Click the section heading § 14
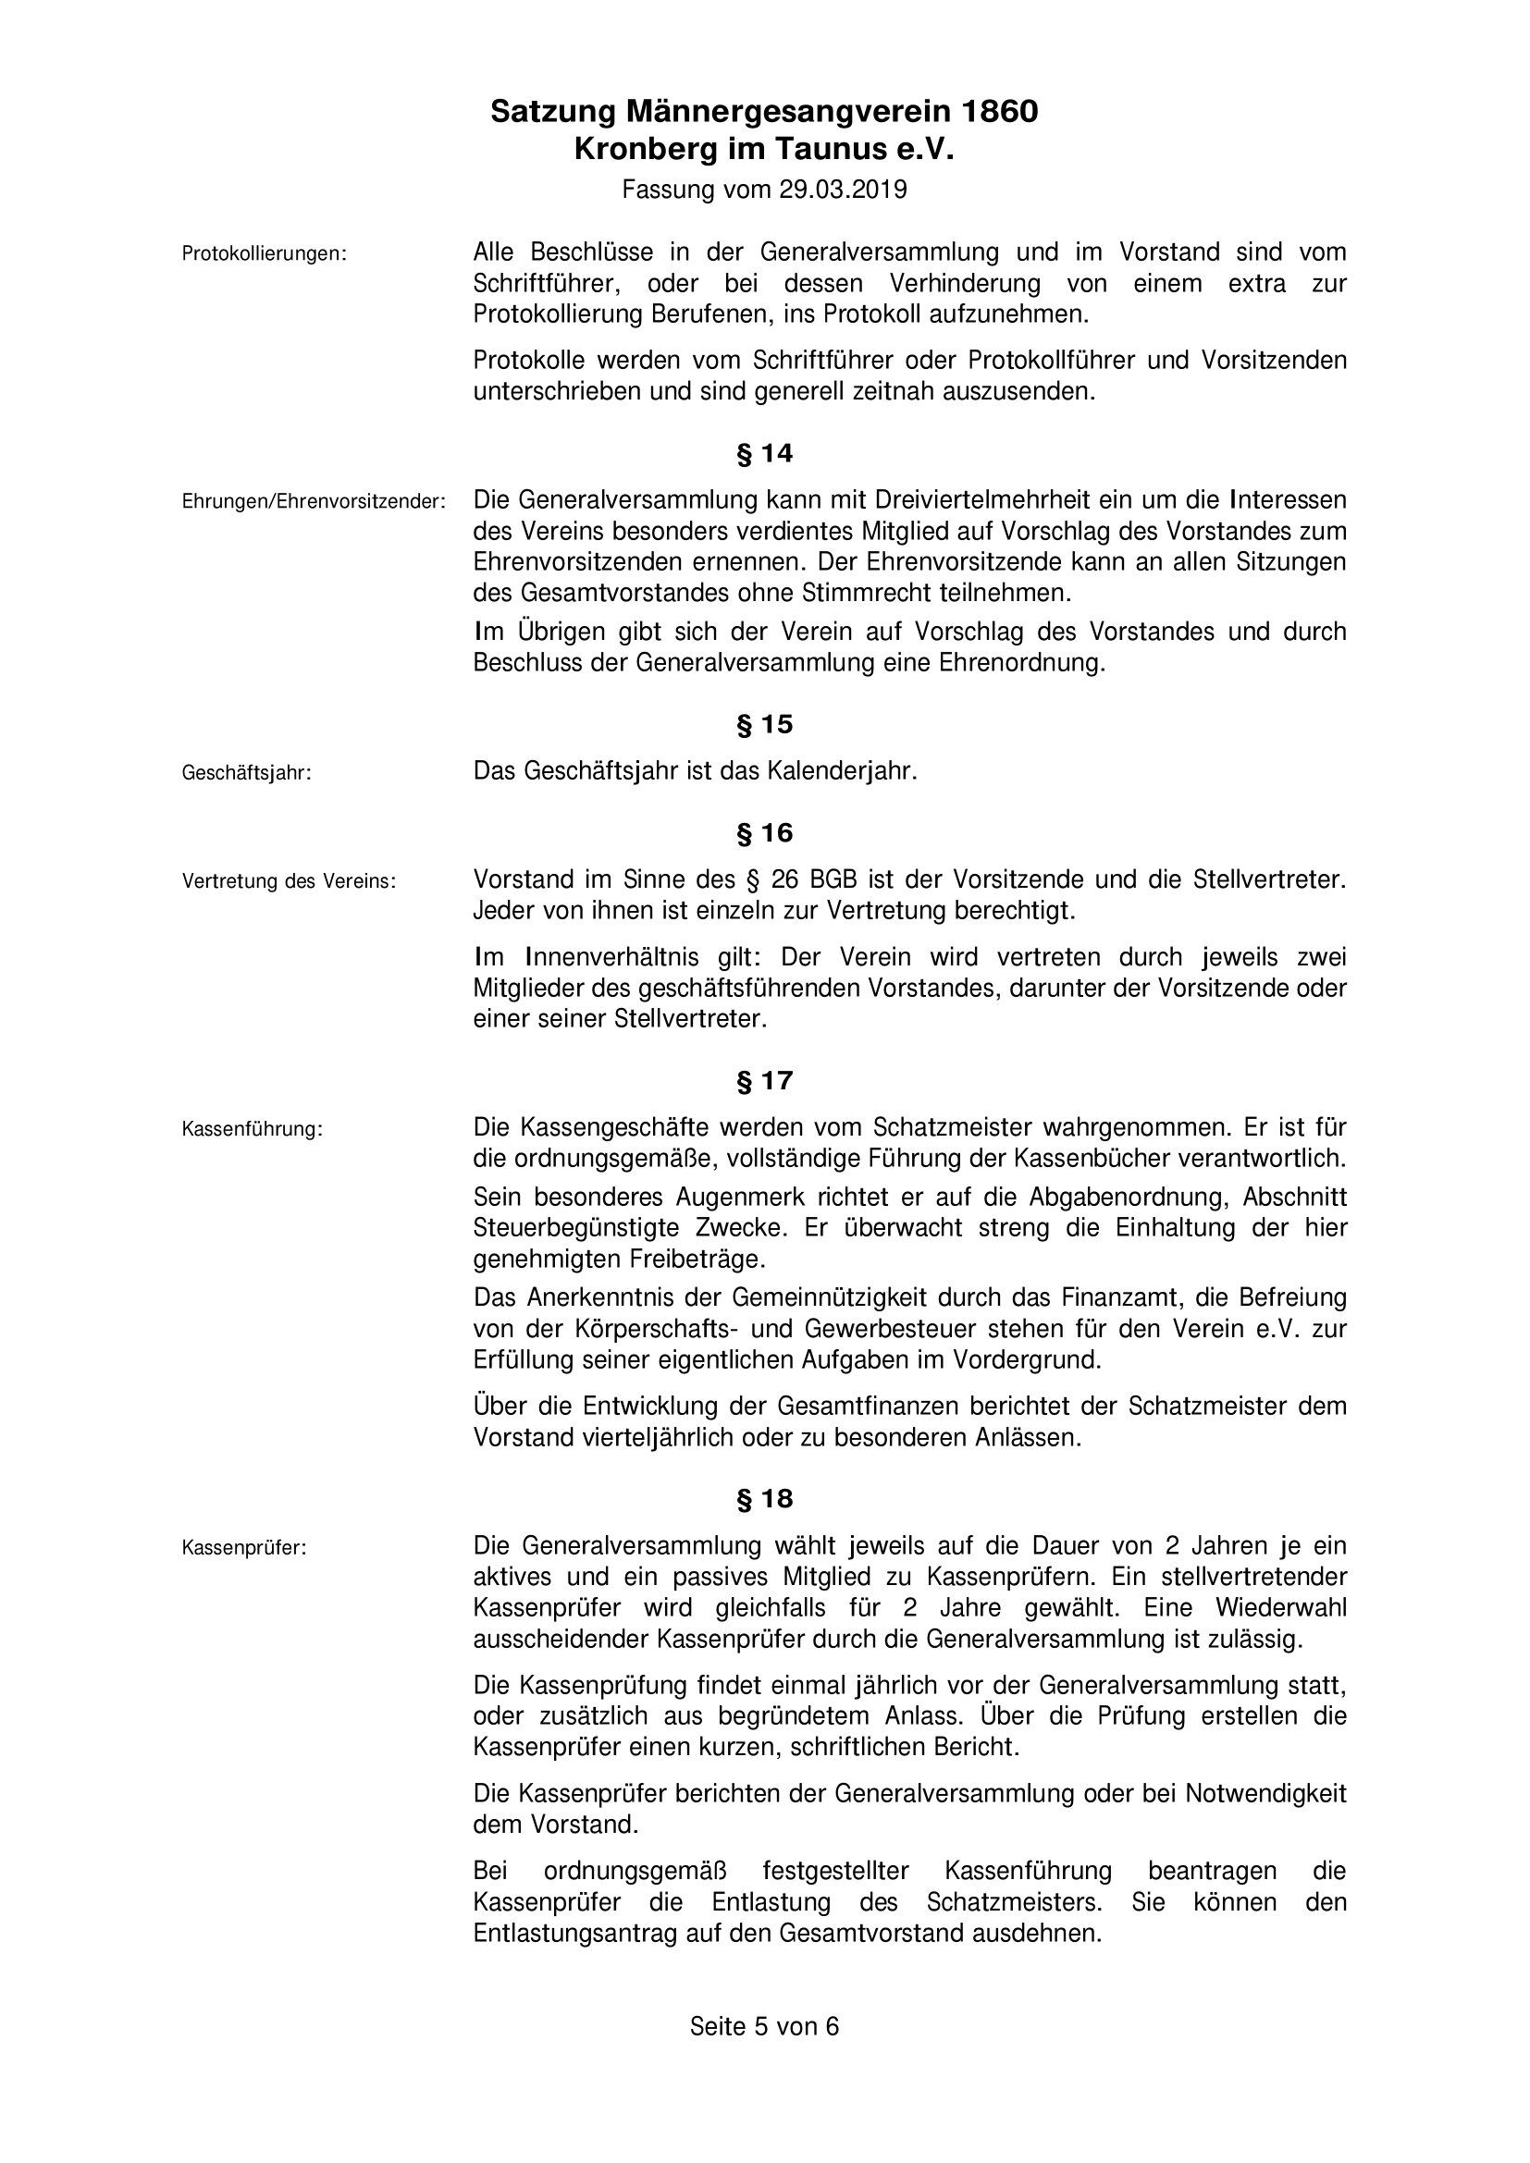pos(764,454)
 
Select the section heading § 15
pos(764,724)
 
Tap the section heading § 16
pos(764,833)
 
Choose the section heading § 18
pos(764,1499)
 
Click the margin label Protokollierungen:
pos(264,254)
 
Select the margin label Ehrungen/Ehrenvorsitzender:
pos(313,502)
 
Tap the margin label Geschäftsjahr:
pos(246,773)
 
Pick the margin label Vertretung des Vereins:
pos(289,882)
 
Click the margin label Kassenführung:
pos(252,1129)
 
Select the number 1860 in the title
pos(999,112)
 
